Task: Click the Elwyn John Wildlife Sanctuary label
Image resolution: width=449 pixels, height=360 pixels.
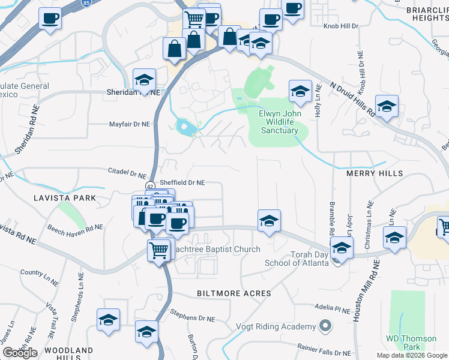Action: click(x=279, y=122)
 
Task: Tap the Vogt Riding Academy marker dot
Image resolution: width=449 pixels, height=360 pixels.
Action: click(x=325, y=326)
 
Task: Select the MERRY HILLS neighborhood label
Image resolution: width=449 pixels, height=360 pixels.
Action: click(x=375, y=173)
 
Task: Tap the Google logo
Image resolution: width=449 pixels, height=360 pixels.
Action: click(x=20, y=353)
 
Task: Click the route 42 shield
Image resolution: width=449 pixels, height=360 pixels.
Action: click(x=150, y=185)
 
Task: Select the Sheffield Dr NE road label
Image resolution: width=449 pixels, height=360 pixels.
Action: click(x=182, y=182)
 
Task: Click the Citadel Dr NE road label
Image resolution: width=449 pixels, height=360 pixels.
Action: click(x=127, y=172)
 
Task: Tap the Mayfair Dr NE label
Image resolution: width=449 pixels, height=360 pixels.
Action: click(x=129, y=124)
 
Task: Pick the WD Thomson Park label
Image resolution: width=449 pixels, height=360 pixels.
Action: click(x=411, y=343)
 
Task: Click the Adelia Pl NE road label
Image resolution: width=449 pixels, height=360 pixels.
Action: click(x=332, y=310)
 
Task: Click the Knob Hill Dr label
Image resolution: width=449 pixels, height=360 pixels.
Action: click(x=342, y=26)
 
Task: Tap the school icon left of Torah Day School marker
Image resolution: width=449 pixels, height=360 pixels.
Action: click(x=270, y=221)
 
